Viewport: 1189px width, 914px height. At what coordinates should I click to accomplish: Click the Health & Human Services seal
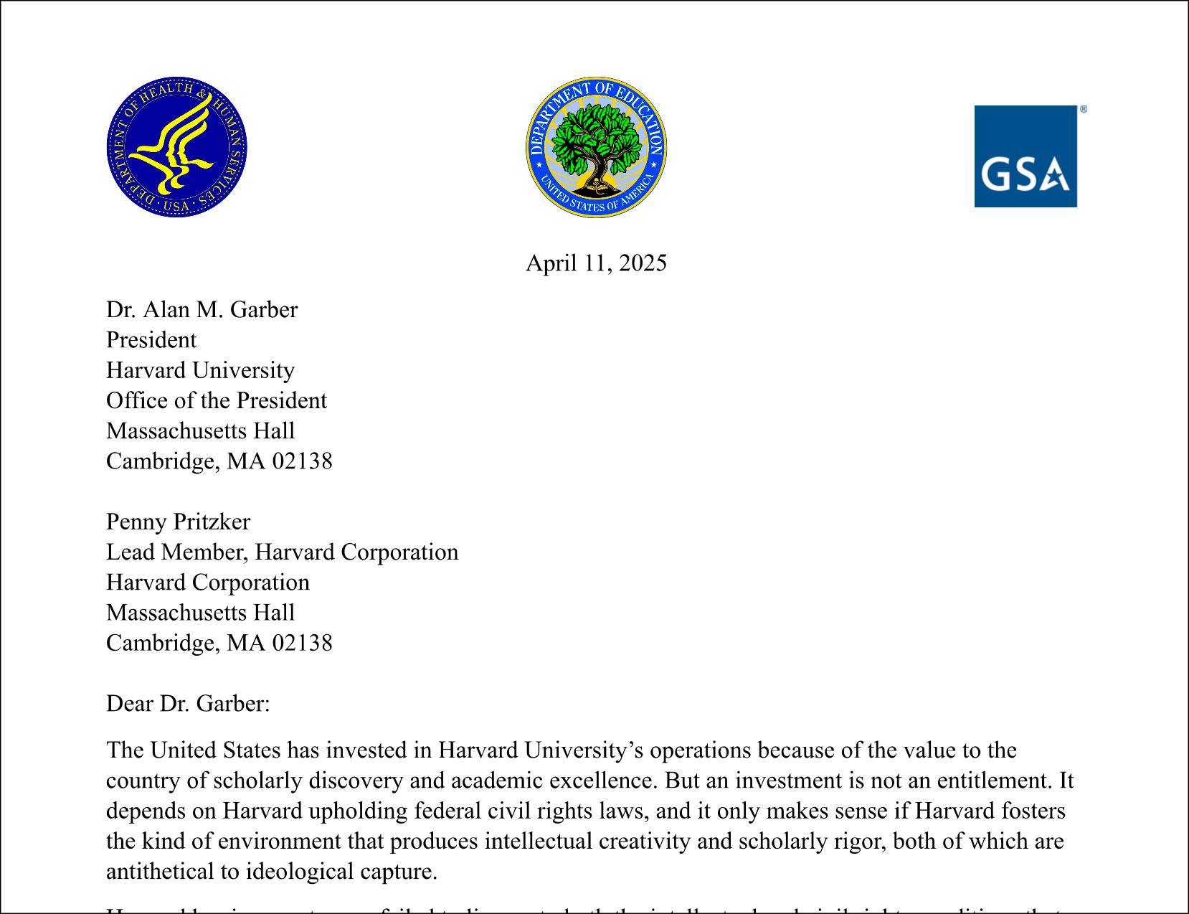(x=176, y=147)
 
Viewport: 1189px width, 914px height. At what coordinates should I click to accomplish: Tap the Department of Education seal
(x=596, y=147)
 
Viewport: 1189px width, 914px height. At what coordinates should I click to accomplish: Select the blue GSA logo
(x=1025, y=156)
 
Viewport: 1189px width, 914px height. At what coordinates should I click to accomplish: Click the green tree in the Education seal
(x=597, y=136)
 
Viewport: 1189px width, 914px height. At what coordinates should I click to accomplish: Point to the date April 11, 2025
(x=596, y=263)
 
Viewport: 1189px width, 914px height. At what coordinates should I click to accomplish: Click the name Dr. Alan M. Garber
(x=202, y=310)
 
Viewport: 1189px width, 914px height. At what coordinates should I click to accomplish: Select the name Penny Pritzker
(x=178, y=522)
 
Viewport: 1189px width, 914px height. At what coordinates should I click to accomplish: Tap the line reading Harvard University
(x=200, y=370)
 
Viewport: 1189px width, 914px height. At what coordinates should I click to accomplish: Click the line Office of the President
(x=216, y=400)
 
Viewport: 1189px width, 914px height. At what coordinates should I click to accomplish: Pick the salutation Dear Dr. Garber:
(x=188, y=704)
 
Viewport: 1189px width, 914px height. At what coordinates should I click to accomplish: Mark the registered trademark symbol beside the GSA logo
(x=1084, y=110)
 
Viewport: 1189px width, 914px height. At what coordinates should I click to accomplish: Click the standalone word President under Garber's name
(x=151, y=340)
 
